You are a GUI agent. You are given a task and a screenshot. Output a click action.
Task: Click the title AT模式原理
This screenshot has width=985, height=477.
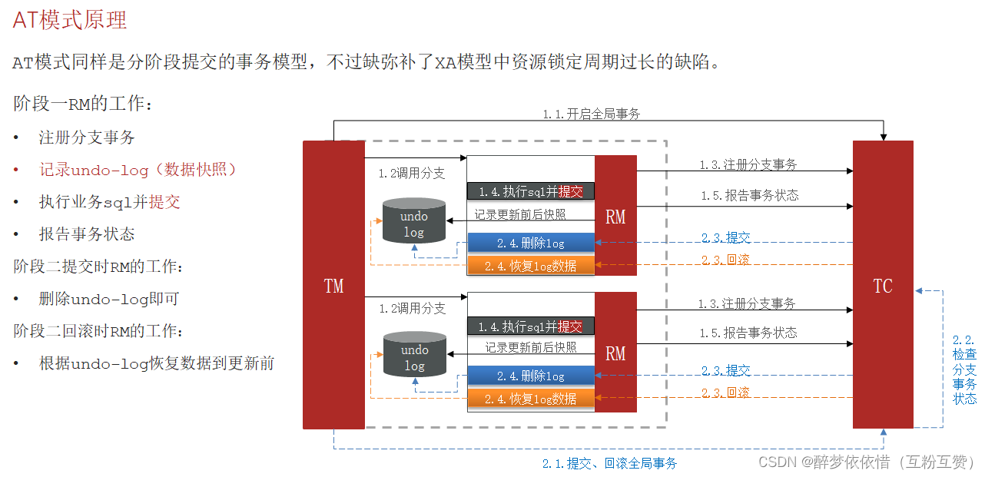[x=70, y=20]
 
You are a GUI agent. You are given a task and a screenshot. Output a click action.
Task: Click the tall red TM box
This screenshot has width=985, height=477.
[x=333, y=285]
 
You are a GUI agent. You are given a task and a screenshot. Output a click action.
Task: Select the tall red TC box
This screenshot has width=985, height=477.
[x=883, y=285]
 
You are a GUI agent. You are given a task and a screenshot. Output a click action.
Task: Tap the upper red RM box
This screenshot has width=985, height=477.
[x=615, y=216]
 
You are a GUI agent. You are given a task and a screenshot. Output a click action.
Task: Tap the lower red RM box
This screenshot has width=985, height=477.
[x=615, y=353]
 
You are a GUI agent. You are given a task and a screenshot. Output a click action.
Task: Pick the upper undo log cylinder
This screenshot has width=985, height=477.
[x=414, y=221]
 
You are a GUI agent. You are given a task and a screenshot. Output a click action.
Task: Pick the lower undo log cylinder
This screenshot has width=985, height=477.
[x=414, y=355]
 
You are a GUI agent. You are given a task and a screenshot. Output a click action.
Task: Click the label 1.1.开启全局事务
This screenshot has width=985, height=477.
[x=591, y=114]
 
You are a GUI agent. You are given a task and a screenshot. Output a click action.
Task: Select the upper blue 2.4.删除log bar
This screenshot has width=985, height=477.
[x=531, y=243]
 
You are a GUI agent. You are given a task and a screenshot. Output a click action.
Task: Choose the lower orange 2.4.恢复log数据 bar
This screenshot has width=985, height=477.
[x=531, y=399]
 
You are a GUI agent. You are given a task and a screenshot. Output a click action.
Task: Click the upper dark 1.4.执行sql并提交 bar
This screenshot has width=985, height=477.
[x=531, y=190]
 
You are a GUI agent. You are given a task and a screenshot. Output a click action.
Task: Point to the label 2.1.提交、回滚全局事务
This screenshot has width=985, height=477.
[x=609, y=463]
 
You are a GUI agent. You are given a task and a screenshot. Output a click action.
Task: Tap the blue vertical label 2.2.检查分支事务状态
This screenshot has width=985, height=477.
[x=964, y=369]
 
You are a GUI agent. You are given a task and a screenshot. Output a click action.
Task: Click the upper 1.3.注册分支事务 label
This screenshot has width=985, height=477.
[x=748, y=164]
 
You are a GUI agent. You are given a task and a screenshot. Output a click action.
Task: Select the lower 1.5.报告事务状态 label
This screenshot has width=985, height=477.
[x=748, y=333]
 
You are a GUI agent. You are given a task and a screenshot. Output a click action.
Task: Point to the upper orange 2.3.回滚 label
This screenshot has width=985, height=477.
[x=725, y=260]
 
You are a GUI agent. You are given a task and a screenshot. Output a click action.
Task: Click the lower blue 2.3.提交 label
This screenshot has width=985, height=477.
[x=725, y=370]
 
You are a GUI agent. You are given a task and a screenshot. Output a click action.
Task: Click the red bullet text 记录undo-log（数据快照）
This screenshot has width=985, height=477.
[x=139, y=170]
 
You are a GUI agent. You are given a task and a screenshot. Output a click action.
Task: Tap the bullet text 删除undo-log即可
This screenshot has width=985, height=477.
[x=109, y=299]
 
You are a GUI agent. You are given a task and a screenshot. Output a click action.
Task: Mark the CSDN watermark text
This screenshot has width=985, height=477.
[x=867, y=462]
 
